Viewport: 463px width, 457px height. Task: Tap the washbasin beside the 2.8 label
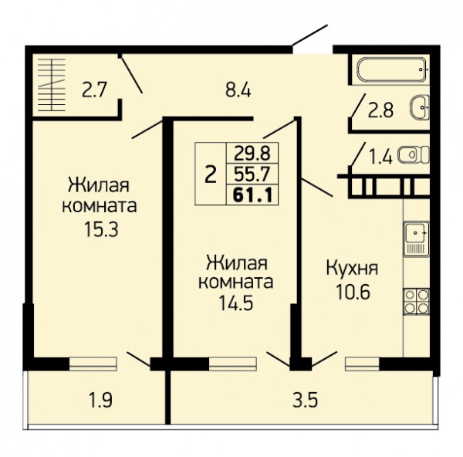419,107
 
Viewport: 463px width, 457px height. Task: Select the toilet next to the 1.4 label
413,154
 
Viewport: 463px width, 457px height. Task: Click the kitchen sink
417,239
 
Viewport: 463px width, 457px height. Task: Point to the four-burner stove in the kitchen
417,301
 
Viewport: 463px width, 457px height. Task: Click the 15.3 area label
101,229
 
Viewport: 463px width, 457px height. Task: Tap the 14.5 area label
236,303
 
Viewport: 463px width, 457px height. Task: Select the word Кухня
353,269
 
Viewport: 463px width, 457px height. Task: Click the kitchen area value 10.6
353,292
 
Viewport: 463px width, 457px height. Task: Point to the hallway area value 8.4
238,90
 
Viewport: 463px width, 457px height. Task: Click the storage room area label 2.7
94,90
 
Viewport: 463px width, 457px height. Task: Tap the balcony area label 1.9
100,401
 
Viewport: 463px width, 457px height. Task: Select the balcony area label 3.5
306,401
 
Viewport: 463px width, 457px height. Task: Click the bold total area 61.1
252,195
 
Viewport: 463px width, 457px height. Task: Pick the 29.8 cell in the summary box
252,153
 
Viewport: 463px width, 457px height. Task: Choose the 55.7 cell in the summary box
252,174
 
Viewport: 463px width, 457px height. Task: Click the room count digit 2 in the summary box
211,174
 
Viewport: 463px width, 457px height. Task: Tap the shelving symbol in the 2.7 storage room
52,85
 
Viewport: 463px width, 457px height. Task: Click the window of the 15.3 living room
93,364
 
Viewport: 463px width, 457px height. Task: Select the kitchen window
363,364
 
